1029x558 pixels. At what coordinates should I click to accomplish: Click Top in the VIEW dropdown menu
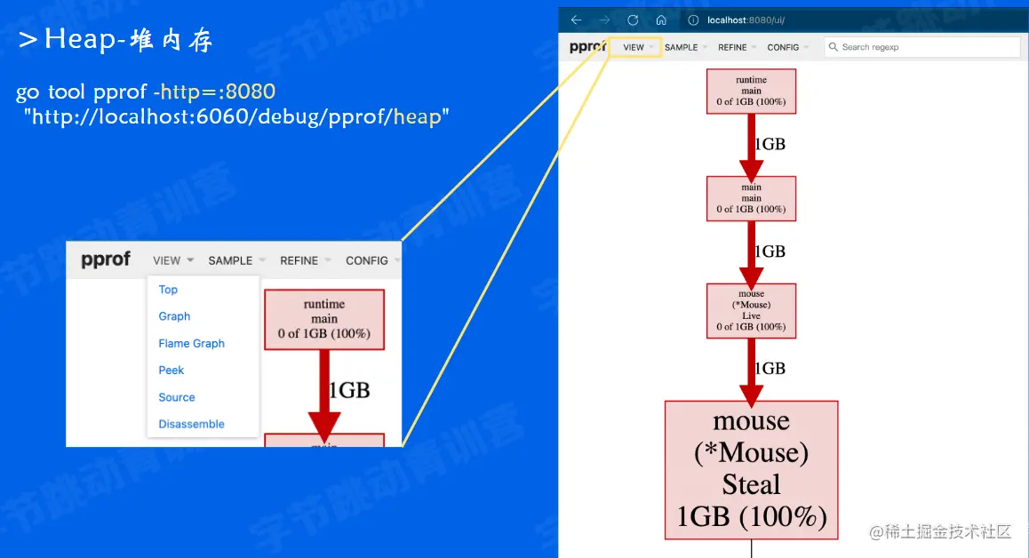tap(168, 290)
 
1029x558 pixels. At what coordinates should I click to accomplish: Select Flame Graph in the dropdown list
tap(191, 344)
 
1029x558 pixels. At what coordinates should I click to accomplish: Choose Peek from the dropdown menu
tap(171, 371)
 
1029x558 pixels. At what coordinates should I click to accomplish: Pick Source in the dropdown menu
tap(177, 397)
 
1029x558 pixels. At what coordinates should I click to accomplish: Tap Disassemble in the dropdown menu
tap(191, 425)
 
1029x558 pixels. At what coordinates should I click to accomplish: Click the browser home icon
tap(661, 20)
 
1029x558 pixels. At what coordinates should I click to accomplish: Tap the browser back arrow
tap(576, 20)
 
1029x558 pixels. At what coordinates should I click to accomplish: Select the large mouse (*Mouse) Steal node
tap(751, 469)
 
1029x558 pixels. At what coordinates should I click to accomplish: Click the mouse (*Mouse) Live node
tap(751, 310)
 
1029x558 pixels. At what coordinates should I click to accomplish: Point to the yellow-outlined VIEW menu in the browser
tap(634, 47)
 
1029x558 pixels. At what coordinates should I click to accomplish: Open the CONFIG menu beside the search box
tap(784, 47)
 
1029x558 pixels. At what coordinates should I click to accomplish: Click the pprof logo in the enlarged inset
tap(106, 259)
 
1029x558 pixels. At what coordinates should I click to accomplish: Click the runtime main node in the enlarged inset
tap(324, 319)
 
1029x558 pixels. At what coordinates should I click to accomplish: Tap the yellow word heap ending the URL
tap(417, 116)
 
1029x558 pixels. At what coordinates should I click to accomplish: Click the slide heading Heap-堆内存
tap(116, 39)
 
